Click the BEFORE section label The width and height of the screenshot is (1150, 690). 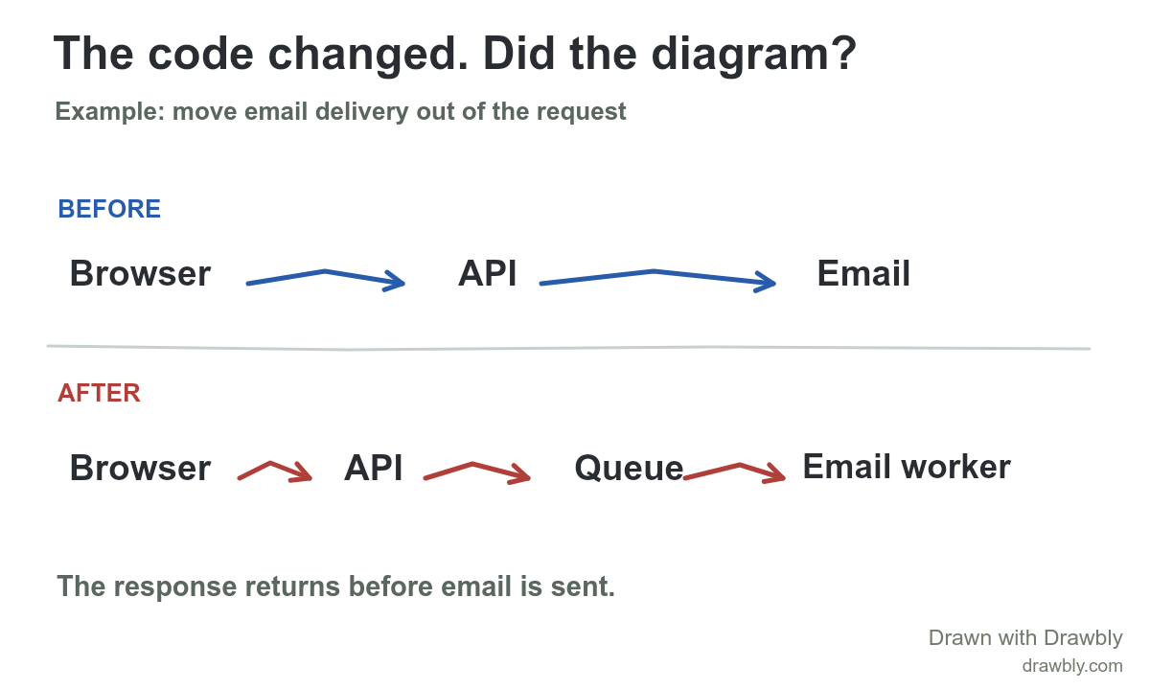click(109, 209)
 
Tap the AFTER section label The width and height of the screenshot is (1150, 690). click(99, 393)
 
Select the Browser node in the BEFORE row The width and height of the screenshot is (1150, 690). click(140, 273)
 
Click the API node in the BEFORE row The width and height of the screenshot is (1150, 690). click(487, 273)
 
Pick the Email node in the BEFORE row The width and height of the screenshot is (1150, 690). click(863, 273)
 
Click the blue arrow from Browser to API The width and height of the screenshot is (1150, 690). click(325, 270)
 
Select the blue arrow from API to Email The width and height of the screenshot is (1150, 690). click(654, 271)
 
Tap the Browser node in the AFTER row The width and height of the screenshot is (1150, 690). click(140, 468)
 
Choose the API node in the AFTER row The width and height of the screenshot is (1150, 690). click(373, 468)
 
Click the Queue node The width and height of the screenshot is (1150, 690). click(629, 469)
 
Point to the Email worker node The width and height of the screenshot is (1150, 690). click(907, 467)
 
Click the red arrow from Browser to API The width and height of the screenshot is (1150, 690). click(270, 463)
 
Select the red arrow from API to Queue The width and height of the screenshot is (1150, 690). click(472, 465)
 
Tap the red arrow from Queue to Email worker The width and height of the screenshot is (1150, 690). click(739, 465)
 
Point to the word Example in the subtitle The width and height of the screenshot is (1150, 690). click(110, 112)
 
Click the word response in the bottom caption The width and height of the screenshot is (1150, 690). click(175, 586)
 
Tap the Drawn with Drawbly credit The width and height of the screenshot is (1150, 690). click(1025, 637)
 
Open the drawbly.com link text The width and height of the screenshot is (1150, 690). click(1072, 666)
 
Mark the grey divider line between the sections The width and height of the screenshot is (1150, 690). click(569, 348)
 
